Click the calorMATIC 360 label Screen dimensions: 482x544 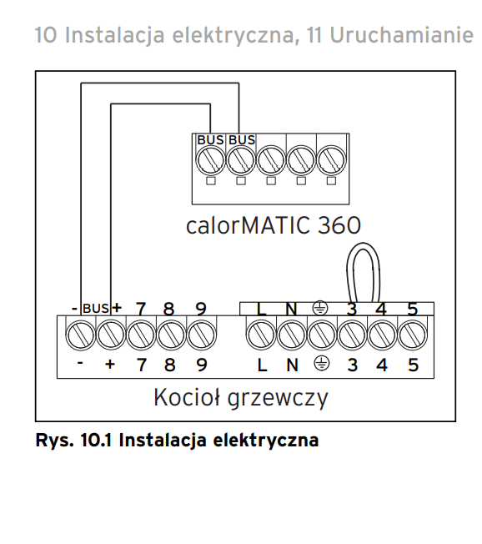pos(274,225)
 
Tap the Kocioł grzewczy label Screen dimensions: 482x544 pos(241,398)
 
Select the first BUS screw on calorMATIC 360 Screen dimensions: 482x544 pos(210,161)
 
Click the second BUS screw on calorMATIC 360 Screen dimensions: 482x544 pos(241,161)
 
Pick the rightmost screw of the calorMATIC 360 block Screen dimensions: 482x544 pos(332,161)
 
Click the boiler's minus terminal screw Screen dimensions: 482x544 pos(80,335)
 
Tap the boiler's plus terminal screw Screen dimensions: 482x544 pos(111,335)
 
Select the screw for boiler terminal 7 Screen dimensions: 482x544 pos(141,335)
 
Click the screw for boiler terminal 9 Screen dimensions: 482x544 pos(202,335)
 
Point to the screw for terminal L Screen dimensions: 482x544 pos(261,335)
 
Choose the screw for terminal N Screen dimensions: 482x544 pos(292,335)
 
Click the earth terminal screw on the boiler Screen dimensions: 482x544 pos(322,335)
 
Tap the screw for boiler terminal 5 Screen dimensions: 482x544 pos(413,335)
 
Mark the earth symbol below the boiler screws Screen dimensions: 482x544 pos(322,364)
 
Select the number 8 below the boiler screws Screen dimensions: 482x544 pos(169,365)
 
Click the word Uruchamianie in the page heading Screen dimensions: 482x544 pos(401,35)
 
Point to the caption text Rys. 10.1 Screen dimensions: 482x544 pos(73,441)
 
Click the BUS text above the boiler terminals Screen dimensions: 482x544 pos(96,309)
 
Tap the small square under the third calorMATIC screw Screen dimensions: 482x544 pos(271,181)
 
